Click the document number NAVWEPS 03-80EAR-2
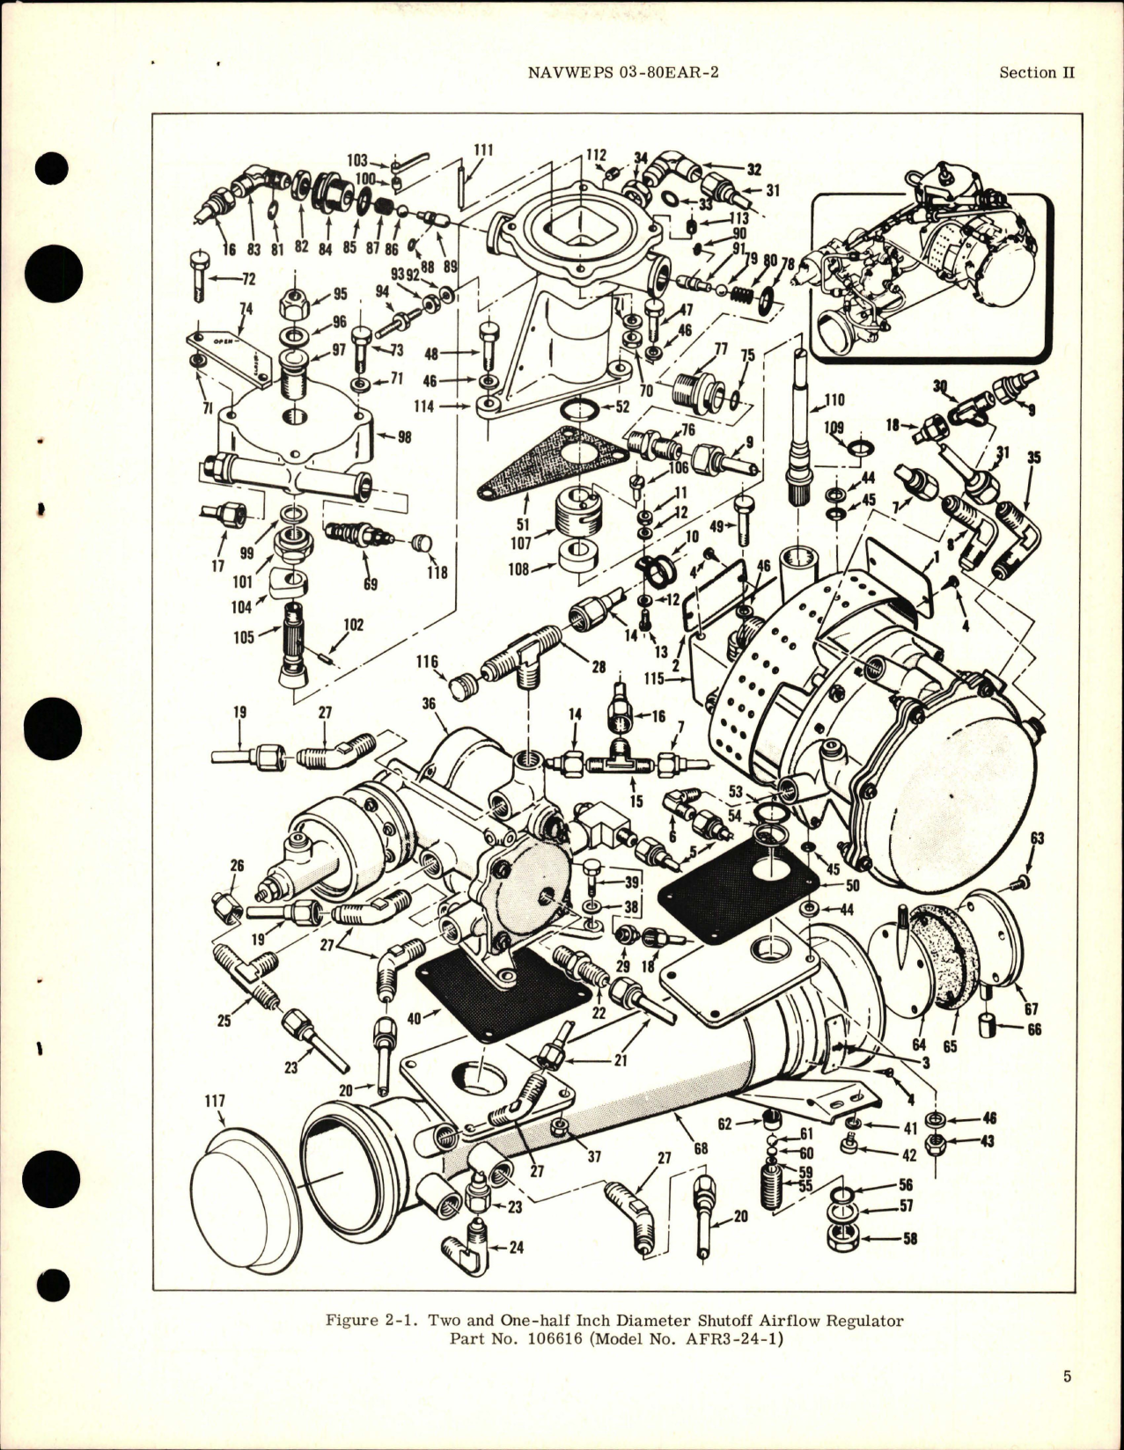[x=623, y=73]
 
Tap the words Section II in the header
[x=1036, y=73]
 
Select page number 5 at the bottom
[x=1067, y=1402]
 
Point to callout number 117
[x=216, y=1101]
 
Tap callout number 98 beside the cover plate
[x=403, y=436]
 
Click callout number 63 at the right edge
[x=1036, y=838]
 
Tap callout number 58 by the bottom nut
[x=907, y=1238]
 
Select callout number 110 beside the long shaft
[x=834, y=400]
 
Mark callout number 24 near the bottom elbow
[x=516, y=1247]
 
